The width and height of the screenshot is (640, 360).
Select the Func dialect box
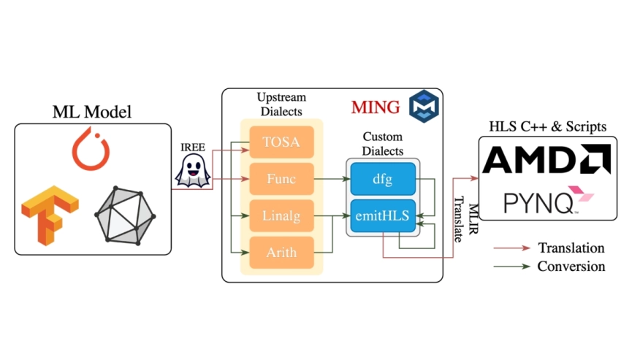pyautogui.click(x=281, y=177)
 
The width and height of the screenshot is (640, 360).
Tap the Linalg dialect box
pyautogui.click(x=281, y=216)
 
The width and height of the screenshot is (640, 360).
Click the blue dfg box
pyautogui.click(x=383, y=178)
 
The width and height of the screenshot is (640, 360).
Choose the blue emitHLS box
pyautogui.click(x=383, y=216)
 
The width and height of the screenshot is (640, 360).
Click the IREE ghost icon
pyautogui.click(x=192, y=172)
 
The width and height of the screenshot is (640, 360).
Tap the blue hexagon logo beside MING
pyautogui.click(x=422, y=106)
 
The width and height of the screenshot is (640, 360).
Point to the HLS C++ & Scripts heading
pyautogui.click(x=547, y=126)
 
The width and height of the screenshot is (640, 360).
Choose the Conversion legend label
pyautogui.click(x=571, y=267)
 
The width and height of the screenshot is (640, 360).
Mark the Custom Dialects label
pyautogui.click(x=383, y=144)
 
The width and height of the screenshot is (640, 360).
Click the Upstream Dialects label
pyautogui.click(x=281, y=104)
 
